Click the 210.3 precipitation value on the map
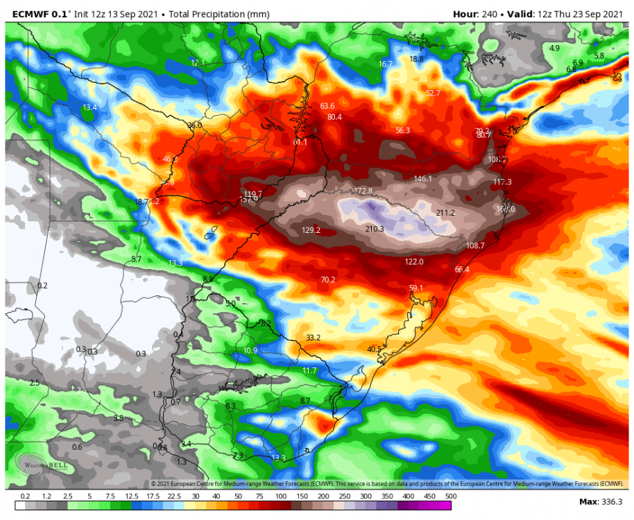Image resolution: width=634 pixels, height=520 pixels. tap(375, 229)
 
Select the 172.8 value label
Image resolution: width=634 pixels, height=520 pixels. tap(363, 191)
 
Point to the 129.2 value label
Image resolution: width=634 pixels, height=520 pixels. tap(311, 230)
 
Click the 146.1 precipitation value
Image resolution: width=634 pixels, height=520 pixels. tap(423, 179)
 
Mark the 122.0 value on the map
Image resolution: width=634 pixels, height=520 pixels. tap(414, 261)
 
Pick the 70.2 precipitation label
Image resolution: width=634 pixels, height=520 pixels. tap(328, 279)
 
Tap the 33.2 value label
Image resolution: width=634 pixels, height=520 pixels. tap(314, 338)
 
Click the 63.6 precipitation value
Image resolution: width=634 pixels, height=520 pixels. tap(327, 106)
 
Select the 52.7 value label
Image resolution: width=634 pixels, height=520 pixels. tap(434, 93)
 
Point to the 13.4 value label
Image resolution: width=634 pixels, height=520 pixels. tap(90, 107)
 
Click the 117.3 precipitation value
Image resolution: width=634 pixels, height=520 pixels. tap(502, 182)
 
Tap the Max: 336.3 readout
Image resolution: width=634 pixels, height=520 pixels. tap(601, 501)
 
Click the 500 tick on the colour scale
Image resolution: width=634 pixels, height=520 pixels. tap(452, 496)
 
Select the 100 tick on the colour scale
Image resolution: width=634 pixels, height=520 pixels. tap(282, 496)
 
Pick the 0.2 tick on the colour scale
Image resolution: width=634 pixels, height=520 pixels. tap(25, 496)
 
